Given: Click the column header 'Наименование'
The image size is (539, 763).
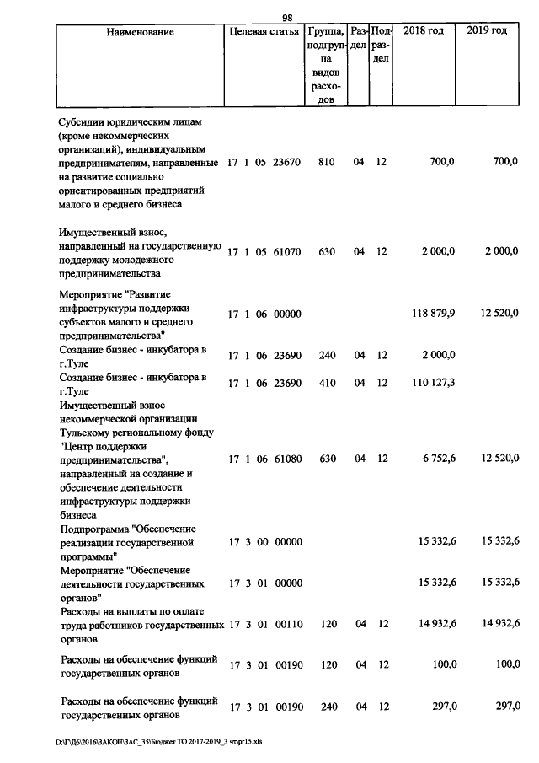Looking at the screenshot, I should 141,32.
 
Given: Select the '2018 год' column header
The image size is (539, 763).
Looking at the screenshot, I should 424,31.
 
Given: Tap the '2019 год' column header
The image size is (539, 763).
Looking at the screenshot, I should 488,31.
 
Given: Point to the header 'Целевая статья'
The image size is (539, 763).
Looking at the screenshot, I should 263,32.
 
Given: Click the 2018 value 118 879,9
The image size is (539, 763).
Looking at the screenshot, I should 434,314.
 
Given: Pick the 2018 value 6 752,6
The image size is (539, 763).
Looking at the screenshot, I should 437,459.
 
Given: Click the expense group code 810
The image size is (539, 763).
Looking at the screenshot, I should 328,161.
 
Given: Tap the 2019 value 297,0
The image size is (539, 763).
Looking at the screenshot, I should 504,706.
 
